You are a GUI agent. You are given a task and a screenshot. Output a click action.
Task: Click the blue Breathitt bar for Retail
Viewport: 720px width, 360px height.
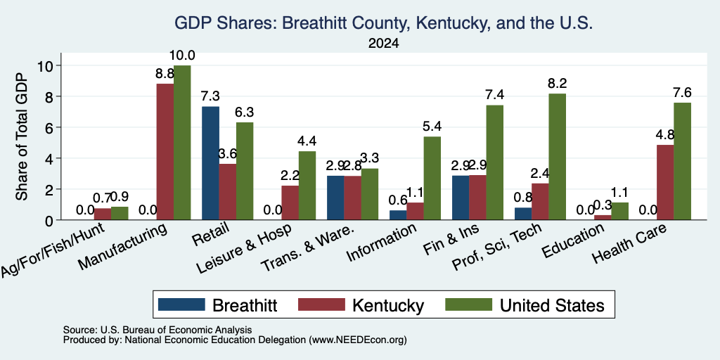[211, 163]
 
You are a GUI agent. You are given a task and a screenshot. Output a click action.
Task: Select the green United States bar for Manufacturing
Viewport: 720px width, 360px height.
[182, 142]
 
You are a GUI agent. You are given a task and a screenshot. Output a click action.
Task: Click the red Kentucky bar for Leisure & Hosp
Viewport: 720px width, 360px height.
[290, 202]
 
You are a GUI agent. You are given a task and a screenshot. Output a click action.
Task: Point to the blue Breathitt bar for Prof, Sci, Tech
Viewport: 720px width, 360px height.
[523, 214]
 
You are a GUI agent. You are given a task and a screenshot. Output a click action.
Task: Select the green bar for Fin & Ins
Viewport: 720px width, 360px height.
[495, 162]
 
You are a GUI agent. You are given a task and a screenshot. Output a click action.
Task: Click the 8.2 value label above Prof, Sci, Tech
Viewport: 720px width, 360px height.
[557, 84]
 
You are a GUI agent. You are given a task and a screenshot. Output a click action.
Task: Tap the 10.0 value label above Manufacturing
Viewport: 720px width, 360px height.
[182, 56]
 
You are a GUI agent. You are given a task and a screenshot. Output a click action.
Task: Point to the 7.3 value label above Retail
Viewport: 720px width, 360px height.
[210, 96]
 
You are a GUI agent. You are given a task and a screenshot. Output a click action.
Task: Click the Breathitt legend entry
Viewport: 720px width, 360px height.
[218, 305]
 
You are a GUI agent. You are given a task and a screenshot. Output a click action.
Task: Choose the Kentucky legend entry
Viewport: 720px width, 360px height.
[361, 305]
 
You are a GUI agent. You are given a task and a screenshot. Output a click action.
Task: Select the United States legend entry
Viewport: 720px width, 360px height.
[525, 305]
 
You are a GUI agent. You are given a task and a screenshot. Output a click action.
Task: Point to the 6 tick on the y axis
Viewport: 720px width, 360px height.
[58, 127]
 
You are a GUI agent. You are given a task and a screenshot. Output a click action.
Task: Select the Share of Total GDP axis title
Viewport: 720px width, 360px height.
[22, 136]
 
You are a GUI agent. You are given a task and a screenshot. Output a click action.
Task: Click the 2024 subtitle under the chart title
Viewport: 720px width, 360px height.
[383, 44]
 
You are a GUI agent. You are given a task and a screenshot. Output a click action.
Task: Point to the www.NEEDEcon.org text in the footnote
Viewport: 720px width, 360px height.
[358, 340]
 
